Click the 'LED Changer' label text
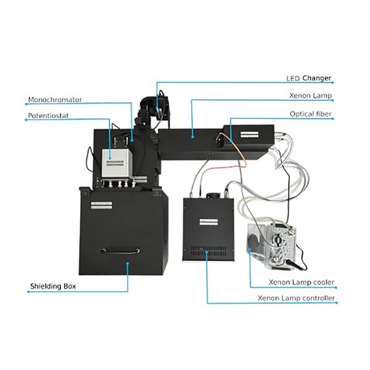pos(309,79)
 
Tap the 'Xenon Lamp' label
pos(311,96)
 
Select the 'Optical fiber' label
pos(311,114)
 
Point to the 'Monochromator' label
pos(55,99)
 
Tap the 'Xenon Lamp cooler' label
pos(301,282)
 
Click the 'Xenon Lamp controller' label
pos(297,298)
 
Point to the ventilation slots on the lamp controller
pos(210,250)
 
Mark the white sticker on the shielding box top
pos(101,205)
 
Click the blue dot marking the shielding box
pos(128,263)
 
